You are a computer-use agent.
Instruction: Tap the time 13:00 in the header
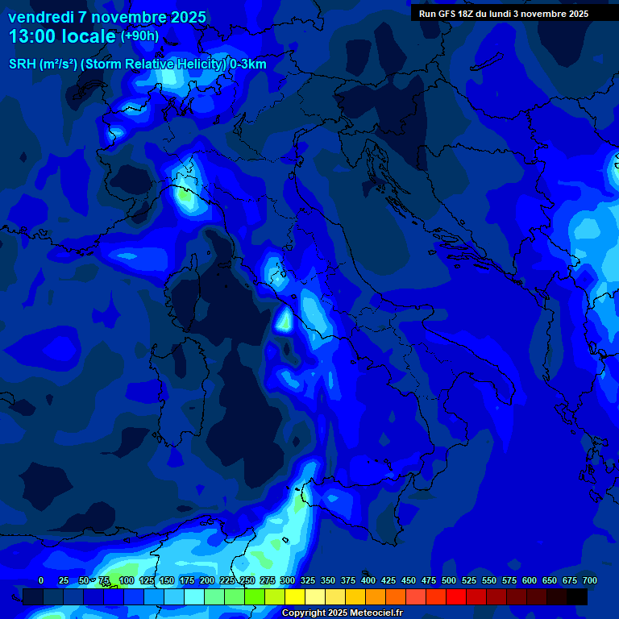pyautogui.click(x=31, y=36)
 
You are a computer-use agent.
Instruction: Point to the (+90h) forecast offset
pyautogui.click(x=139, y=36)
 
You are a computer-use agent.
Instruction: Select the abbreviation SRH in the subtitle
pyautogui.click(x=22, y=64)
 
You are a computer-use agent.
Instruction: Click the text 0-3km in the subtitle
pyautogui.click(x=248, y=64)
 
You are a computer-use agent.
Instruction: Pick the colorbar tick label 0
pyautogui.click(x=41, y=580)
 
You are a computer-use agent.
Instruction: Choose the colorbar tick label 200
pyautogui.click(x=207, y=580)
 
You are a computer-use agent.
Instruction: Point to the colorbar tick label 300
pyautogui.click(x=288, y=580)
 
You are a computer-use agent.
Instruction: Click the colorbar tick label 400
pyautogui.click(x=368, y=580)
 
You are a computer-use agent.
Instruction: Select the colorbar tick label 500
pyautogui.click(x=449, y=580)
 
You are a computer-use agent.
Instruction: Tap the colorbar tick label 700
pyautogui.click(x=590, y=580)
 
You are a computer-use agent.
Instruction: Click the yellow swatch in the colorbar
pyautogui.click(x=295, y=597)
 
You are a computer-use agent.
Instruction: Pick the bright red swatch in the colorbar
pyautogui.click(x=456, y=597)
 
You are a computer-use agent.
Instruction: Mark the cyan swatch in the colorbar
pyautogui.click(x=194, y=597)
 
